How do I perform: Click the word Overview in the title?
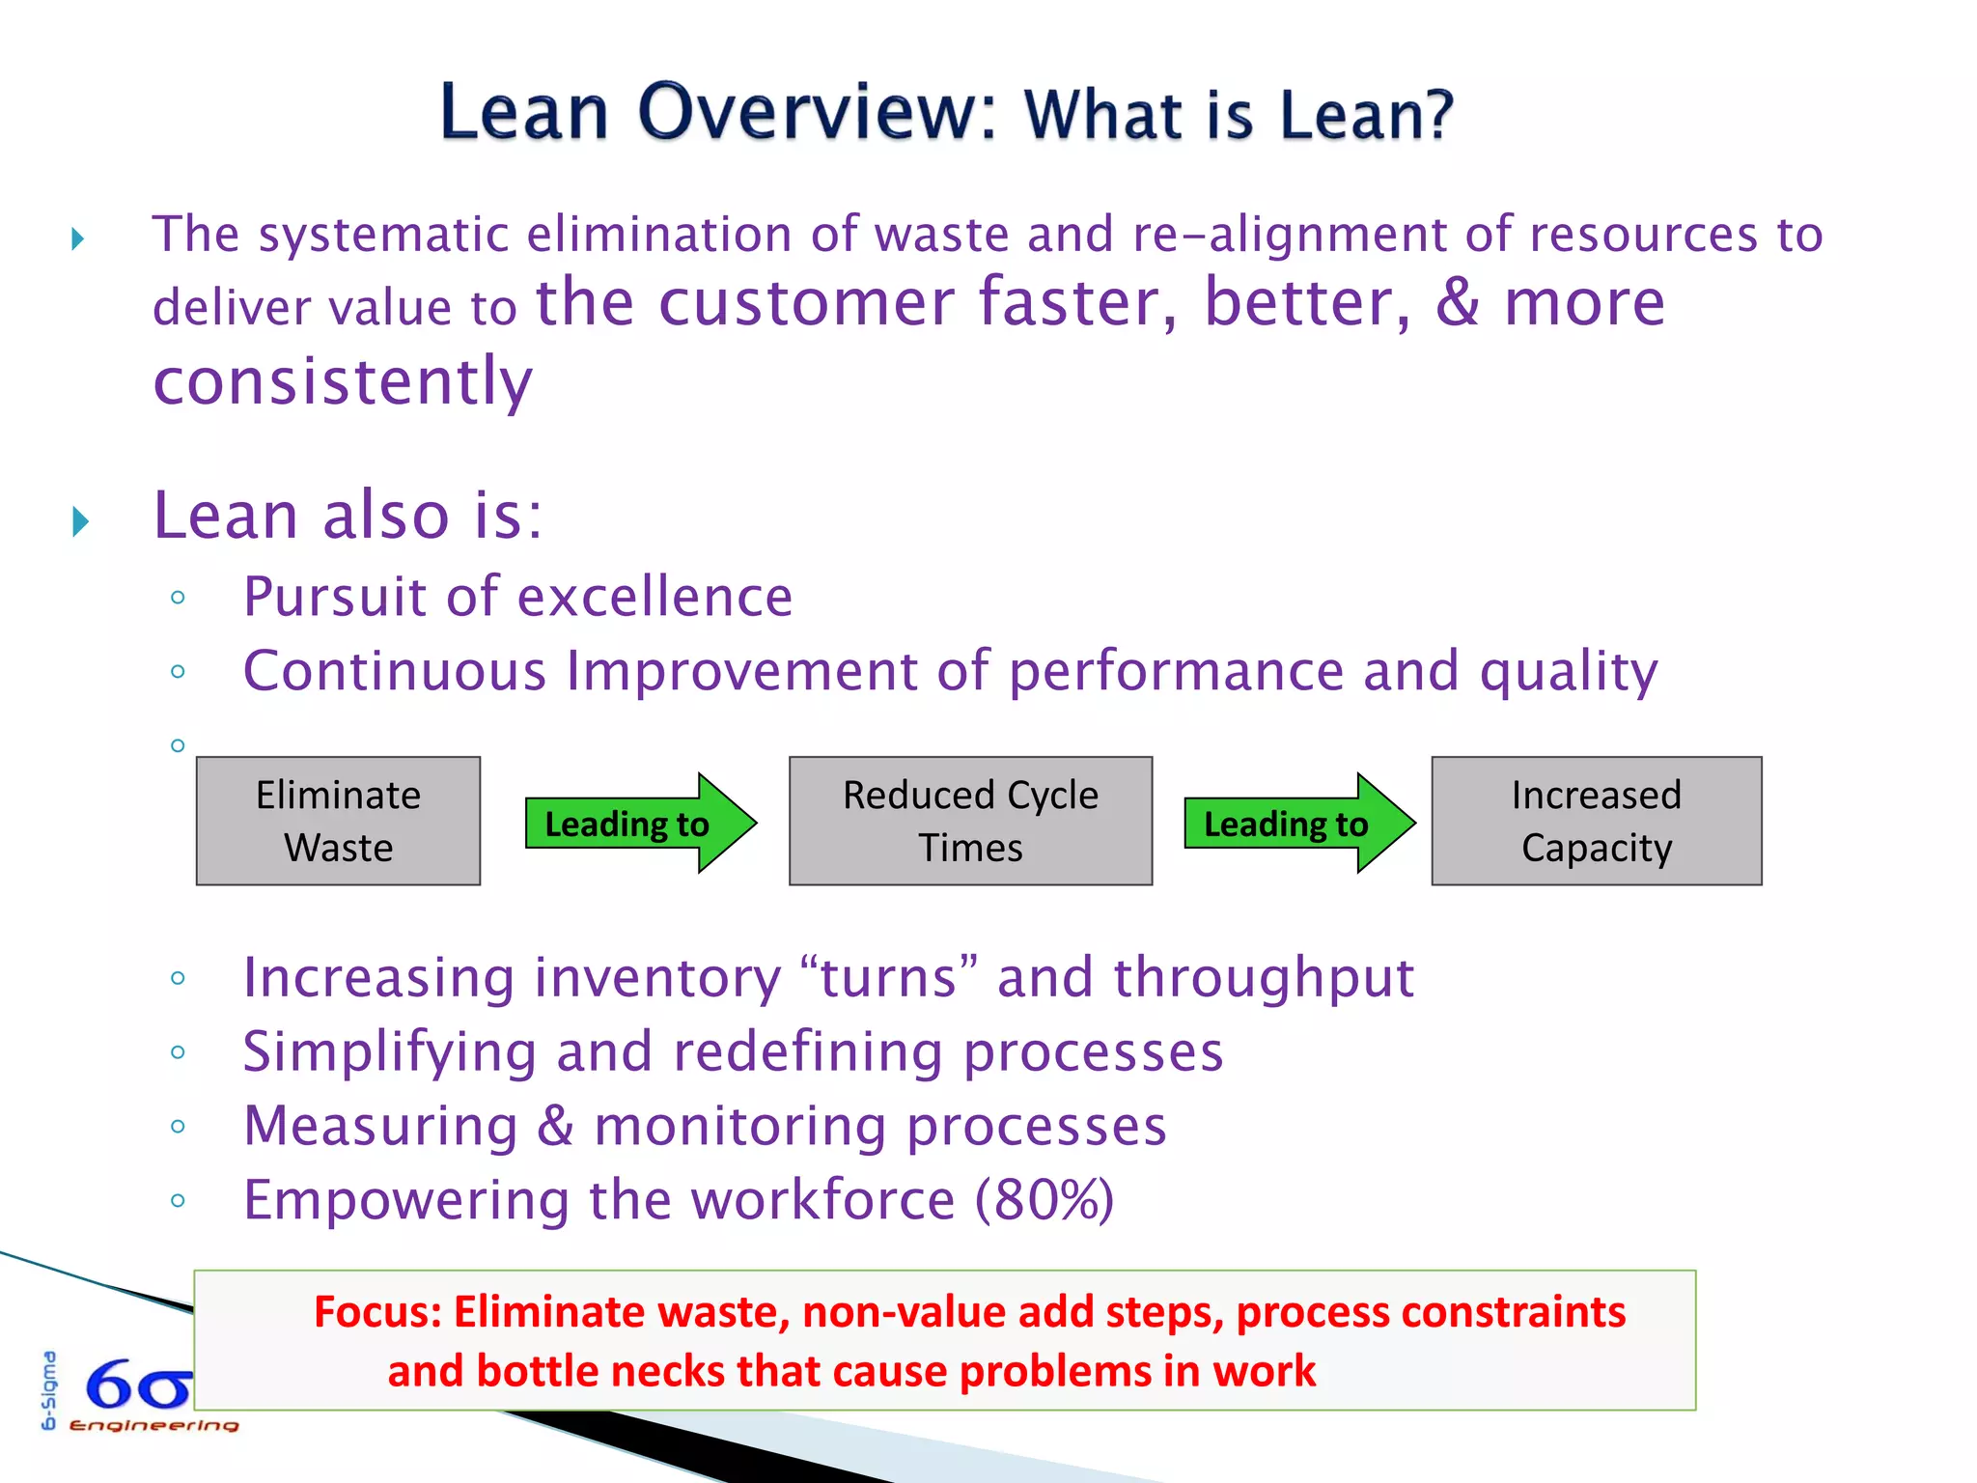(x=816, y=112)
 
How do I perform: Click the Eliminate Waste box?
(x=338, y=821)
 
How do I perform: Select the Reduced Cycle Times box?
(x=970, y=821)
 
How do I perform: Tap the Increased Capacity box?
(x=1596, y=821)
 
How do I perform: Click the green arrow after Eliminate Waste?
(x=639, y=823)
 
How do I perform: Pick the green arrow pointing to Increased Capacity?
(x=1298, y=823)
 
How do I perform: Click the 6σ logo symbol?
(x=138, y=1386)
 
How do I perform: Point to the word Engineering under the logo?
(x=154, y=1426)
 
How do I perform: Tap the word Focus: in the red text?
(x=377, y=1312)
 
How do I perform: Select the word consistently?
(x=343, y=380)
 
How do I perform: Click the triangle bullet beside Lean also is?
(x=81, y=521)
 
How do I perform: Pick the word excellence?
(x=655, y=597)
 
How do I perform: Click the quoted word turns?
(x=889, y=977)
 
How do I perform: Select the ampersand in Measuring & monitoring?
(x=555, y=1126)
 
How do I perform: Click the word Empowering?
(x=406, y=1200)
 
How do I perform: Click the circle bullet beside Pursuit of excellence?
(x=178, y=598)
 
